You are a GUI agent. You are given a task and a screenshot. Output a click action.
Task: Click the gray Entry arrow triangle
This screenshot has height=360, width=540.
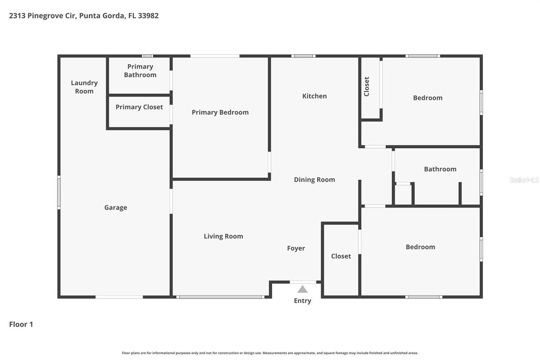click(x=302, y=290)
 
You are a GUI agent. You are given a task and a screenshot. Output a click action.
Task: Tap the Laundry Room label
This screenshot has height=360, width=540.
click(x=84, y=87)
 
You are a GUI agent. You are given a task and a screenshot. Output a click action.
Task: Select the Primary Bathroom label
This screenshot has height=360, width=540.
click(x=140, y=70)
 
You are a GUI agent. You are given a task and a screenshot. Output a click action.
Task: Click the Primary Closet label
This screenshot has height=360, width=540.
click(x=139, y=107)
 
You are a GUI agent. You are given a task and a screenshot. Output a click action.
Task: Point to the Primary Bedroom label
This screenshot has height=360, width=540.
click(x=220, y=112)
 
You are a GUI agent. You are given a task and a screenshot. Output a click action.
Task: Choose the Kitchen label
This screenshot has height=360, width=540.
click(x=314, y=96)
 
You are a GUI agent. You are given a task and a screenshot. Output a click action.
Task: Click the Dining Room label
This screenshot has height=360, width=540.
click(x=314, y=180)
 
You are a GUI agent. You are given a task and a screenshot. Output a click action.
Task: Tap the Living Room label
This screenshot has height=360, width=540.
click(x=223, y=236)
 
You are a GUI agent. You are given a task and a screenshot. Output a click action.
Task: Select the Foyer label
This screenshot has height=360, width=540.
click(x=296, y=248)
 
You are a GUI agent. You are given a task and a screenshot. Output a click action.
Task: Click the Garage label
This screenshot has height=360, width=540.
click(x=116, y=208)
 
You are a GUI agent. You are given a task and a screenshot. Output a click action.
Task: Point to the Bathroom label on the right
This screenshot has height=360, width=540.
click(x=440, y=169)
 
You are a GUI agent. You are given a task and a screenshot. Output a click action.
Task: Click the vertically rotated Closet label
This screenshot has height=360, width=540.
click(x=367, y=87)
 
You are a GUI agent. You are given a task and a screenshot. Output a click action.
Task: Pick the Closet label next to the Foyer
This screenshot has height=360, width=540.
click(x=341, y=256)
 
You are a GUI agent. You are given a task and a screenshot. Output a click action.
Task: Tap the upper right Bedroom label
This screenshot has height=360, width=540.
click(x=427, y=98)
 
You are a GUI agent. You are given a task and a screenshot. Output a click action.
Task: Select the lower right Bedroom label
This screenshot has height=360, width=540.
click(x=420, y=247)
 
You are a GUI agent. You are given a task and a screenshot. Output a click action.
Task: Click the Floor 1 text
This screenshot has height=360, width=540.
click(x=21, y=324)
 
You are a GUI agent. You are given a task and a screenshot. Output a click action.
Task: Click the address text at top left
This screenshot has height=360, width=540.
click(x=84, y=16)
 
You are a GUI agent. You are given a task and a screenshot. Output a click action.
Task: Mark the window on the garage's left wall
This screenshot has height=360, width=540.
click(x=59, y=192)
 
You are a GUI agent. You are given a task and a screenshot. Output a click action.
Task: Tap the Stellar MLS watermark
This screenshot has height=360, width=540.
click(x=524, y=180)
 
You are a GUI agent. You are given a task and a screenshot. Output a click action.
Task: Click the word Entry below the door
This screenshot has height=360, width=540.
click(x=302, y=301)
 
